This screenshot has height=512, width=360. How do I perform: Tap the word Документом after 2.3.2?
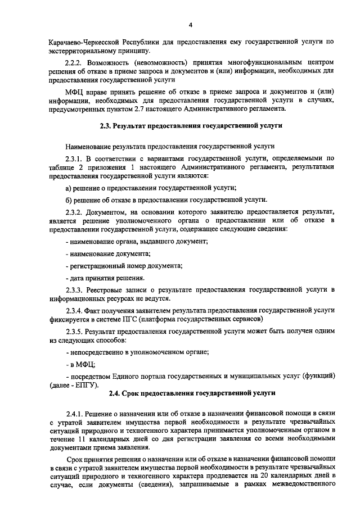click(x=112, y=212)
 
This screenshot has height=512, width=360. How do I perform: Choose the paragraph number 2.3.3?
click(x=75, y=289)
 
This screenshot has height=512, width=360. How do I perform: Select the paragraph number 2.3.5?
click(x=75, y=331)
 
